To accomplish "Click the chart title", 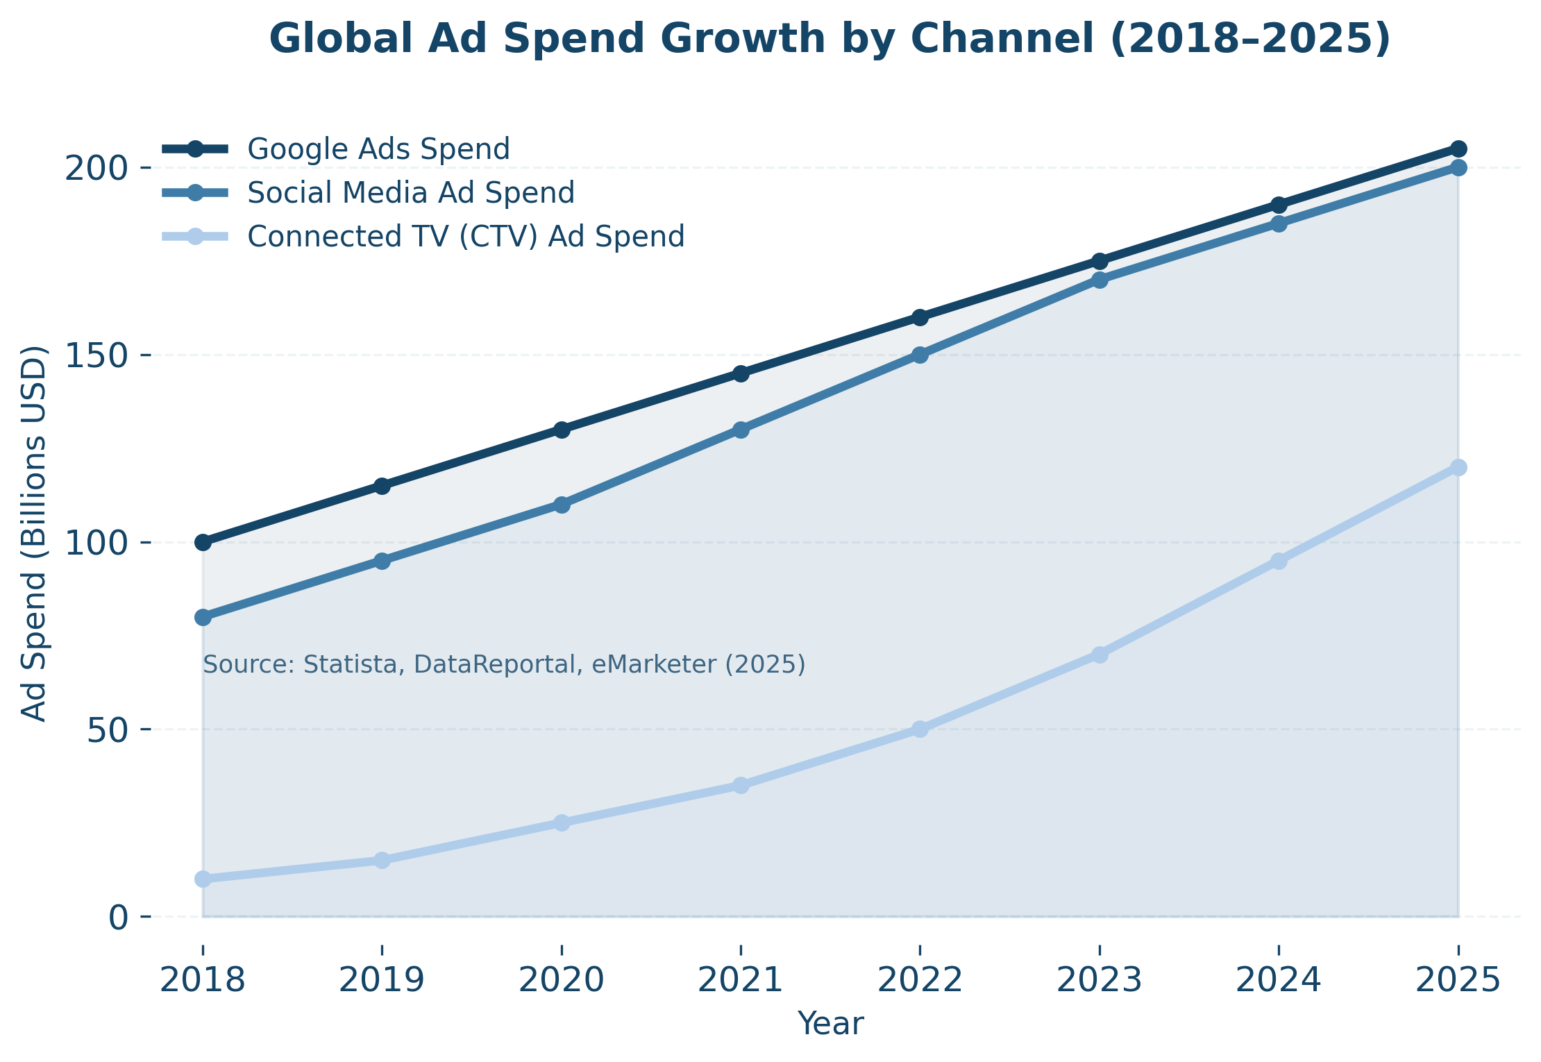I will pos(830,38).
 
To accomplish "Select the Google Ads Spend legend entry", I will pos(378,149).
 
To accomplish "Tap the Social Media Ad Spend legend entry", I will pos(410,192).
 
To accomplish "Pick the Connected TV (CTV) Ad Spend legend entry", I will pos(466,236).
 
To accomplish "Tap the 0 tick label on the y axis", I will pos(119,917).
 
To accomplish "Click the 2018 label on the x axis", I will pos(203,981).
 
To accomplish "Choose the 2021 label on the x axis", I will pos(741,981).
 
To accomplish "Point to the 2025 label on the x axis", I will pos(1458,981).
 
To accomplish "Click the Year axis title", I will pos(830,1024).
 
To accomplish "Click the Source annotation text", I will pos(504,664).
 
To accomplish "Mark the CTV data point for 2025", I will pos(1458,467).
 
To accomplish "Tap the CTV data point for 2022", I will pos(920,729).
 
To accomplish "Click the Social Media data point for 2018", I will pos(203,617).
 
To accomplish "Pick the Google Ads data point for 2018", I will pos(203,542).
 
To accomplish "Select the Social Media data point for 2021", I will pos(741,430).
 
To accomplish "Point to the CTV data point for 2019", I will pos(382,860).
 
